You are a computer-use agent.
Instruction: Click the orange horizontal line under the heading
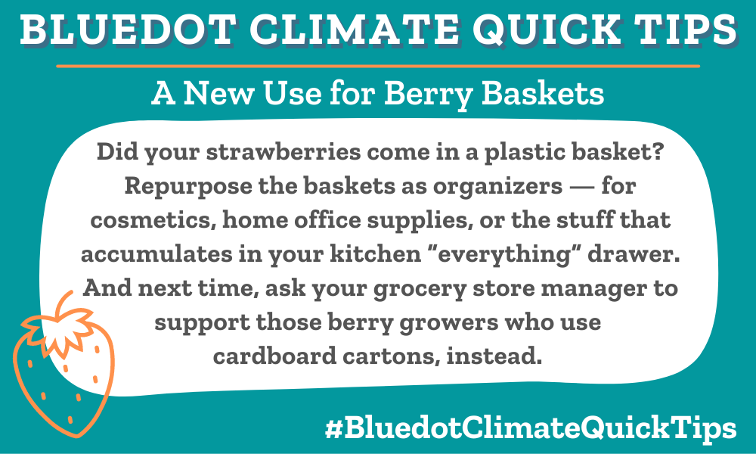(x=378, y=67)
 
